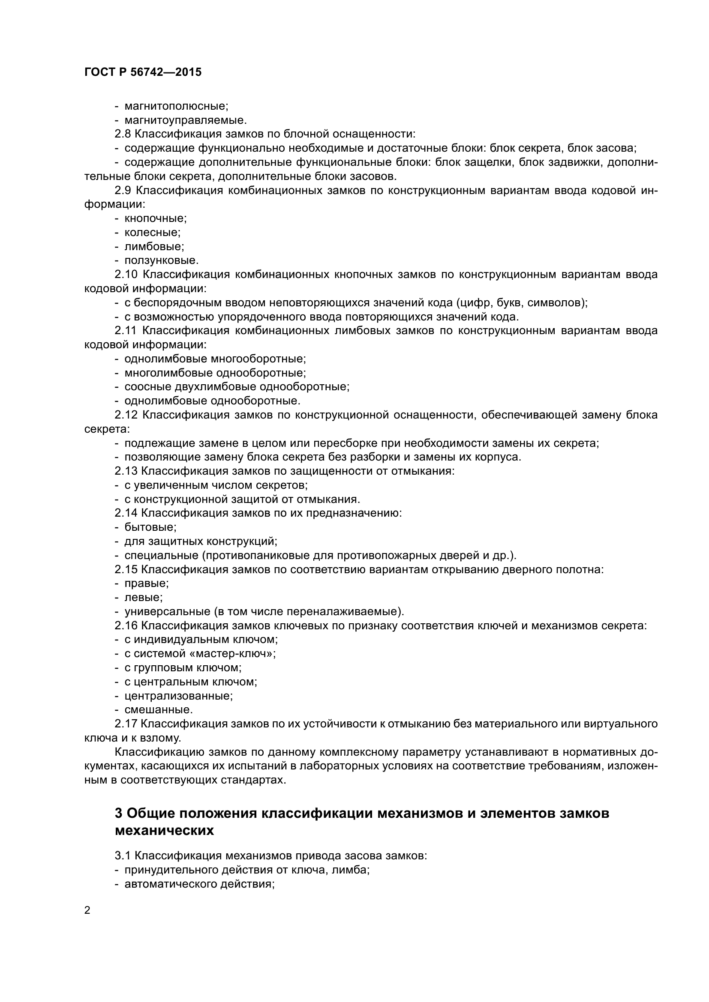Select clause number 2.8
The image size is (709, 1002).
123,134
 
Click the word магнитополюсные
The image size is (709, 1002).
176,106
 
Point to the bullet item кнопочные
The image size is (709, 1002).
155,218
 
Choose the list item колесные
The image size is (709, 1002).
152,232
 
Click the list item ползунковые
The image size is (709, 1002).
161,260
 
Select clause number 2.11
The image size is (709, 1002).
126,330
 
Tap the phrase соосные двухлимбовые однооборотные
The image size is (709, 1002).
237,387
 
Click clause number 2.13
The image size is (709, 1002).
126,471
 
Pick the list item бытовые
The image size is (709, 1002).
150,527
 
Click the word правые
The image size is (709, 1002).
146,583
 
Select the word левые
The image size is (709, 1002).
143,597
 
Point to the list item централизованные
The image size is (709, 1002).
178,696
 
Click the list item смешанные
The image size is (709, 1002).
158,709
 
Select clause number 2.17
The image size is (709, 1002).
126,724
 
